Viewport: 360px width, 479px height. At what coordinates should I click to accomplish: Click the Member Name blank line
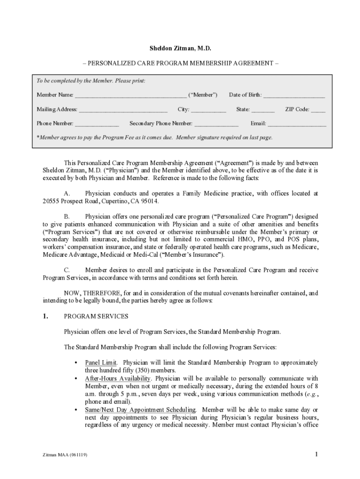pos(130,96)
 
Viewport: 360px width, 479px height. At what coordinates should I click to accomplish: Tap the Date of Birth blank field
pos(294,96)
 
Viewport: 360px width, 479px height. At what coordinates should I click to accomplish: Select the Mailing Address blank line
pos(123,111)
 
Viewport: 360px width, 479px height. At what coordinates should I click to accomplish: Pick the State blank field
pos(263,111)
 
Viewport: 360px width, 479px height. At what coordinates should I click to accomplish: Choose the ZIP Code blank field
pos(318,111)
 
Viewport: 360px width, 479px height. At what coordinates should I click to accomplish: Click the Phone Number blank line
pos(97,125)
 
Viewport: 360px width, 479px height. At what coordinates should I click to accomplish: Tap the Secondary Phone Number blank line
pos(216,125)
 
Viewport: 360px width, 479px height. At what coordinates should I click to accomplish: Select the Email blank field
pos(297,125)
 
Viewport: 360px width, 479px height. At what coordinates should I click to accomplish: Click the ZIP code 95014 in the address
pos(151,201)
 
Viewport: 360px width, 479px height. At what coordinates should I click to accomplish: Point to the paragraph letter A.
pos(67,193)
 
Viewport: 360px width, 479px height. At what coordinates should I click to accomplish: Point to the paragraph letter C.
pos(67,270)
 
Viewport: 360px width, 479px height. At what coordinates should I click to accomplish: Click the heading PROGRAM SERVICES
pos(96,317)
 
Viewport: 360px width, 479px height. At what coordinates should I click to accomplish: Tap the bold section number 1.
pos(45,317)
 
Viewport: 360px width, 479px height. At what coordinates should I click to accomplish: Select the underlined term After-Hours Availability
pos(118,378)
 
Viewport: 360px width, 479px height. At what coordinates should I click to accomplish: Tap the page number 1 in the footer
pos(317,454)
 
